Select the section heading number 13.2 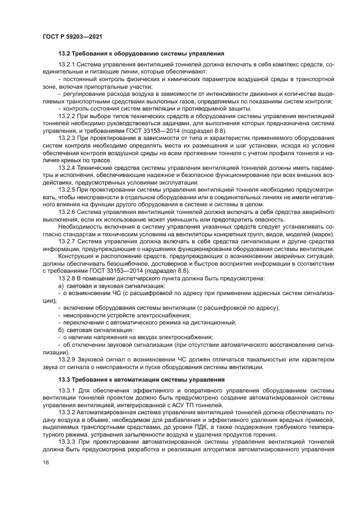coord(65,53)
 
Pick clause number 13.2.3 coord(67,138)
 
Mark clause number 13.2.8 coord(67,278)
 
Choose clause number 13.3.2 coord(67,412)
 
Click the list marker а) coord(61,285)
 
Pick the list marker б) coord(61,330)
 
